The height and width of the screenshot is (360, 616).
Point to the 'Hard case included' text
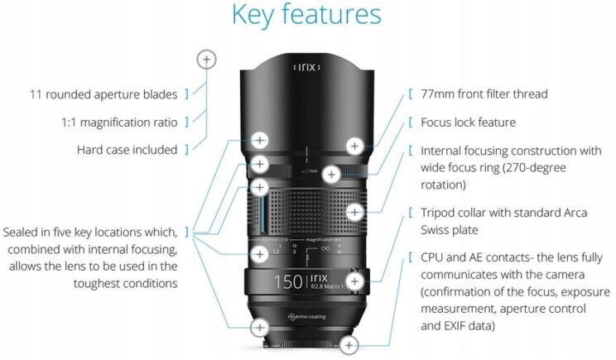pos(127,150)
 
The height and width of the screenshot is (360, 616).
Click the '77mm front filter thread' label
pos(484,94)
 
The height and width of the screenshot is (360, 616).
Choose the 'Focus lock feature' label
pos(469,122)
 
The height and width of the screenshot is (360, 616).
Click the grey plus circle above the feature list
pos(207,59)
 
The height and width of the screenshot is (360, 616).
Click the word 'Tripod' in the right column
pos(441,213)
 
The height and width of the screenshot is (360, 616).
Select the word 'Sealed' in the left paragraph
pos(25,231)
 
